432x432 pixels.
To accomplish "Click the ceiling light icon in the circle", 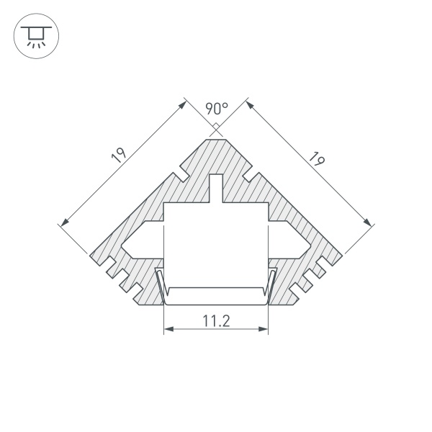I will (33, 36).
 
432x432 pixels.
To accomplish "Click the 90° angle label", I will (216, 109).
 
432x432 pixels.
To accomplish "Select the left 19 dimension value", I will (120, 157).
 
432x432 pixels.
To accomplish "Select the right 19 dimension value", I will (314, 158).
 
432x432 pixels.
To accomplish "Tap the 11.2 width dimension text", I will (215, 321).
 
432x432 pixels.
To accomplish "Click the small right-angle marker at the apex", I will (216, 130).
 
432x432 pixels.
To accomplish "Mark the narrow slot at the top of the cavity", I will (216, 189).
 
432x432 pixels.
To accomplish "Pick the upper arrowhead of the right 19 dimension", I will (251, 104).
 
